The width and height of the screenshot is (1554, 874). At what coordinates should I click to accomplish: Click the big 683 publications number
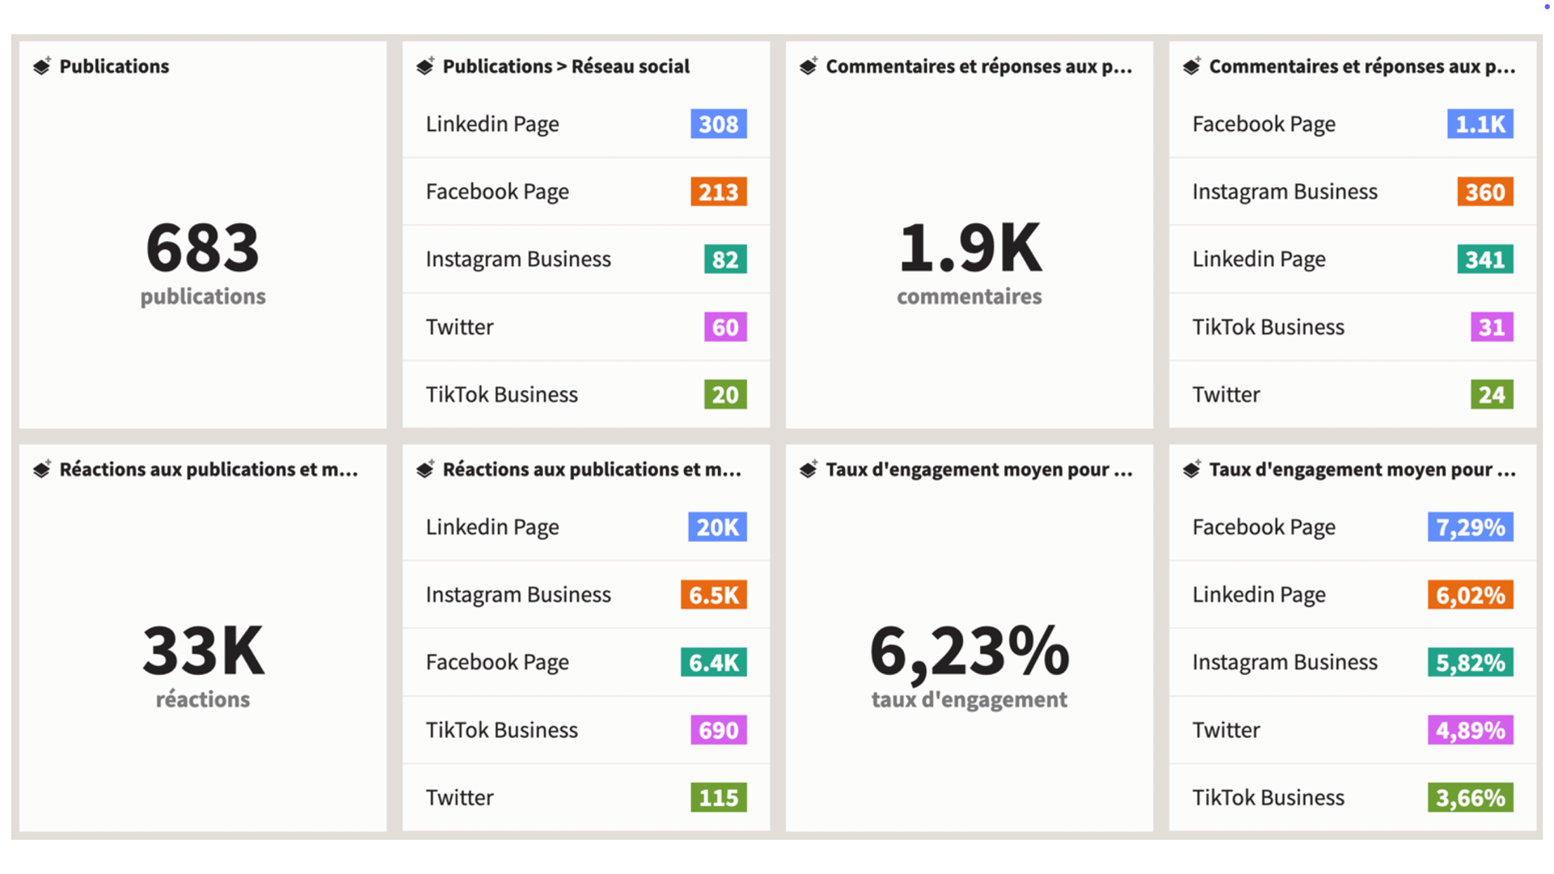coord(202,248)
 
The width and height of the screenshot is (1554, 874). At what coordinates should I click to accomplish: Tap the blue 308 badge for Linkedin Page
coord(718,124)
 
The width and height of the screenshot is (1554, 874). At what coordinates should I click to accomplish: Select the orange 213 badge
coord(718,192)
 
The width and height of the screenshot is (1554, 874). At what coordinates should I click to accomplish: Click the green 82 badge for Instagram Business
coord(724,260)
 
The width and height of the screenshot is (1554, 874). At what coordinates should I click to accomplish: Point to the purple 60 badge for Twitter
coord(724,327)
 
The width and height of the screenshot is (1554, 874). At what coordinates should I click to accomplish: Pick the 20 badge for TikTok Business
coord(724,395)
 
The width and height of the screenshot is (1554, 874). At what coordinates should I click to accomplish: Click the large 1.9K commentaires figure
coord(970,248)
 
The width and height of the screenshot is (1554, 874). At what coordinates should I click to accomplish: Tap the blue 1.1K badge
coord(1480,124)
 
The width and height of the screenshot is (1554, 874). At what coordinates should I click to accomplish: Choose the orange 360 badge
coord(1484,192)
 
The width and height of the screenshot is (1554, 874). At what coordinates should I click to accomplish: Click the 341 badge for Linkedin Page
coord(1484,260)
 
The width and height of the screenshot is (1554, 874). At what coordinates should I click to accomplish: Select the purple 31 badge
coord(1491,327)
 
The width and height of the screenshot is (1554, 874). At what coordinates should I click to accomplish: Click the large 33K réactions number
coord(203,651)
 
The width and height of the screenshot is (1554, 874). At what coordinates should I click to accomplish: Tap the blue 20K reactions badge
coord(717,528)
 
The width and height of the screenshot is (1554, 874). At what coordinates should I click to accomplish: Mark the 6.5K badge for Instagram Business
coord(713,595)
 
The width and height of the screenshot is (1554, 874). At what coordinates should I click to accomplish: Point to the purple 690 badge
coord(718,730)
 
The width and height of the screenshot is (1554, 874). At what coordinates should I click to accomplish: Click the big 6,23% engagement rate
coord(970,651)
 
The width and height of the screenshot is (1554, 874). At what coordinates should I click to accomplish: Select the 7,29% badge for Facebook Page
coord(1470,528)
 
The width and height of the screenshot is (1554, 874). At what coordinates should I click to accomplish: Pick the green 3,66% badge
coord(1470,798)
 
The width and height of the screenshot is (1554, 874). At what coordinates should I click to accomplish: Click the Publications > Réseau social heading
coord(566,66)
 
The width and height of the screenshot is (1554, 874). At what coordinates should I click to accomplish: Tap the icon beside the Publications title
coord(42,66)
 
